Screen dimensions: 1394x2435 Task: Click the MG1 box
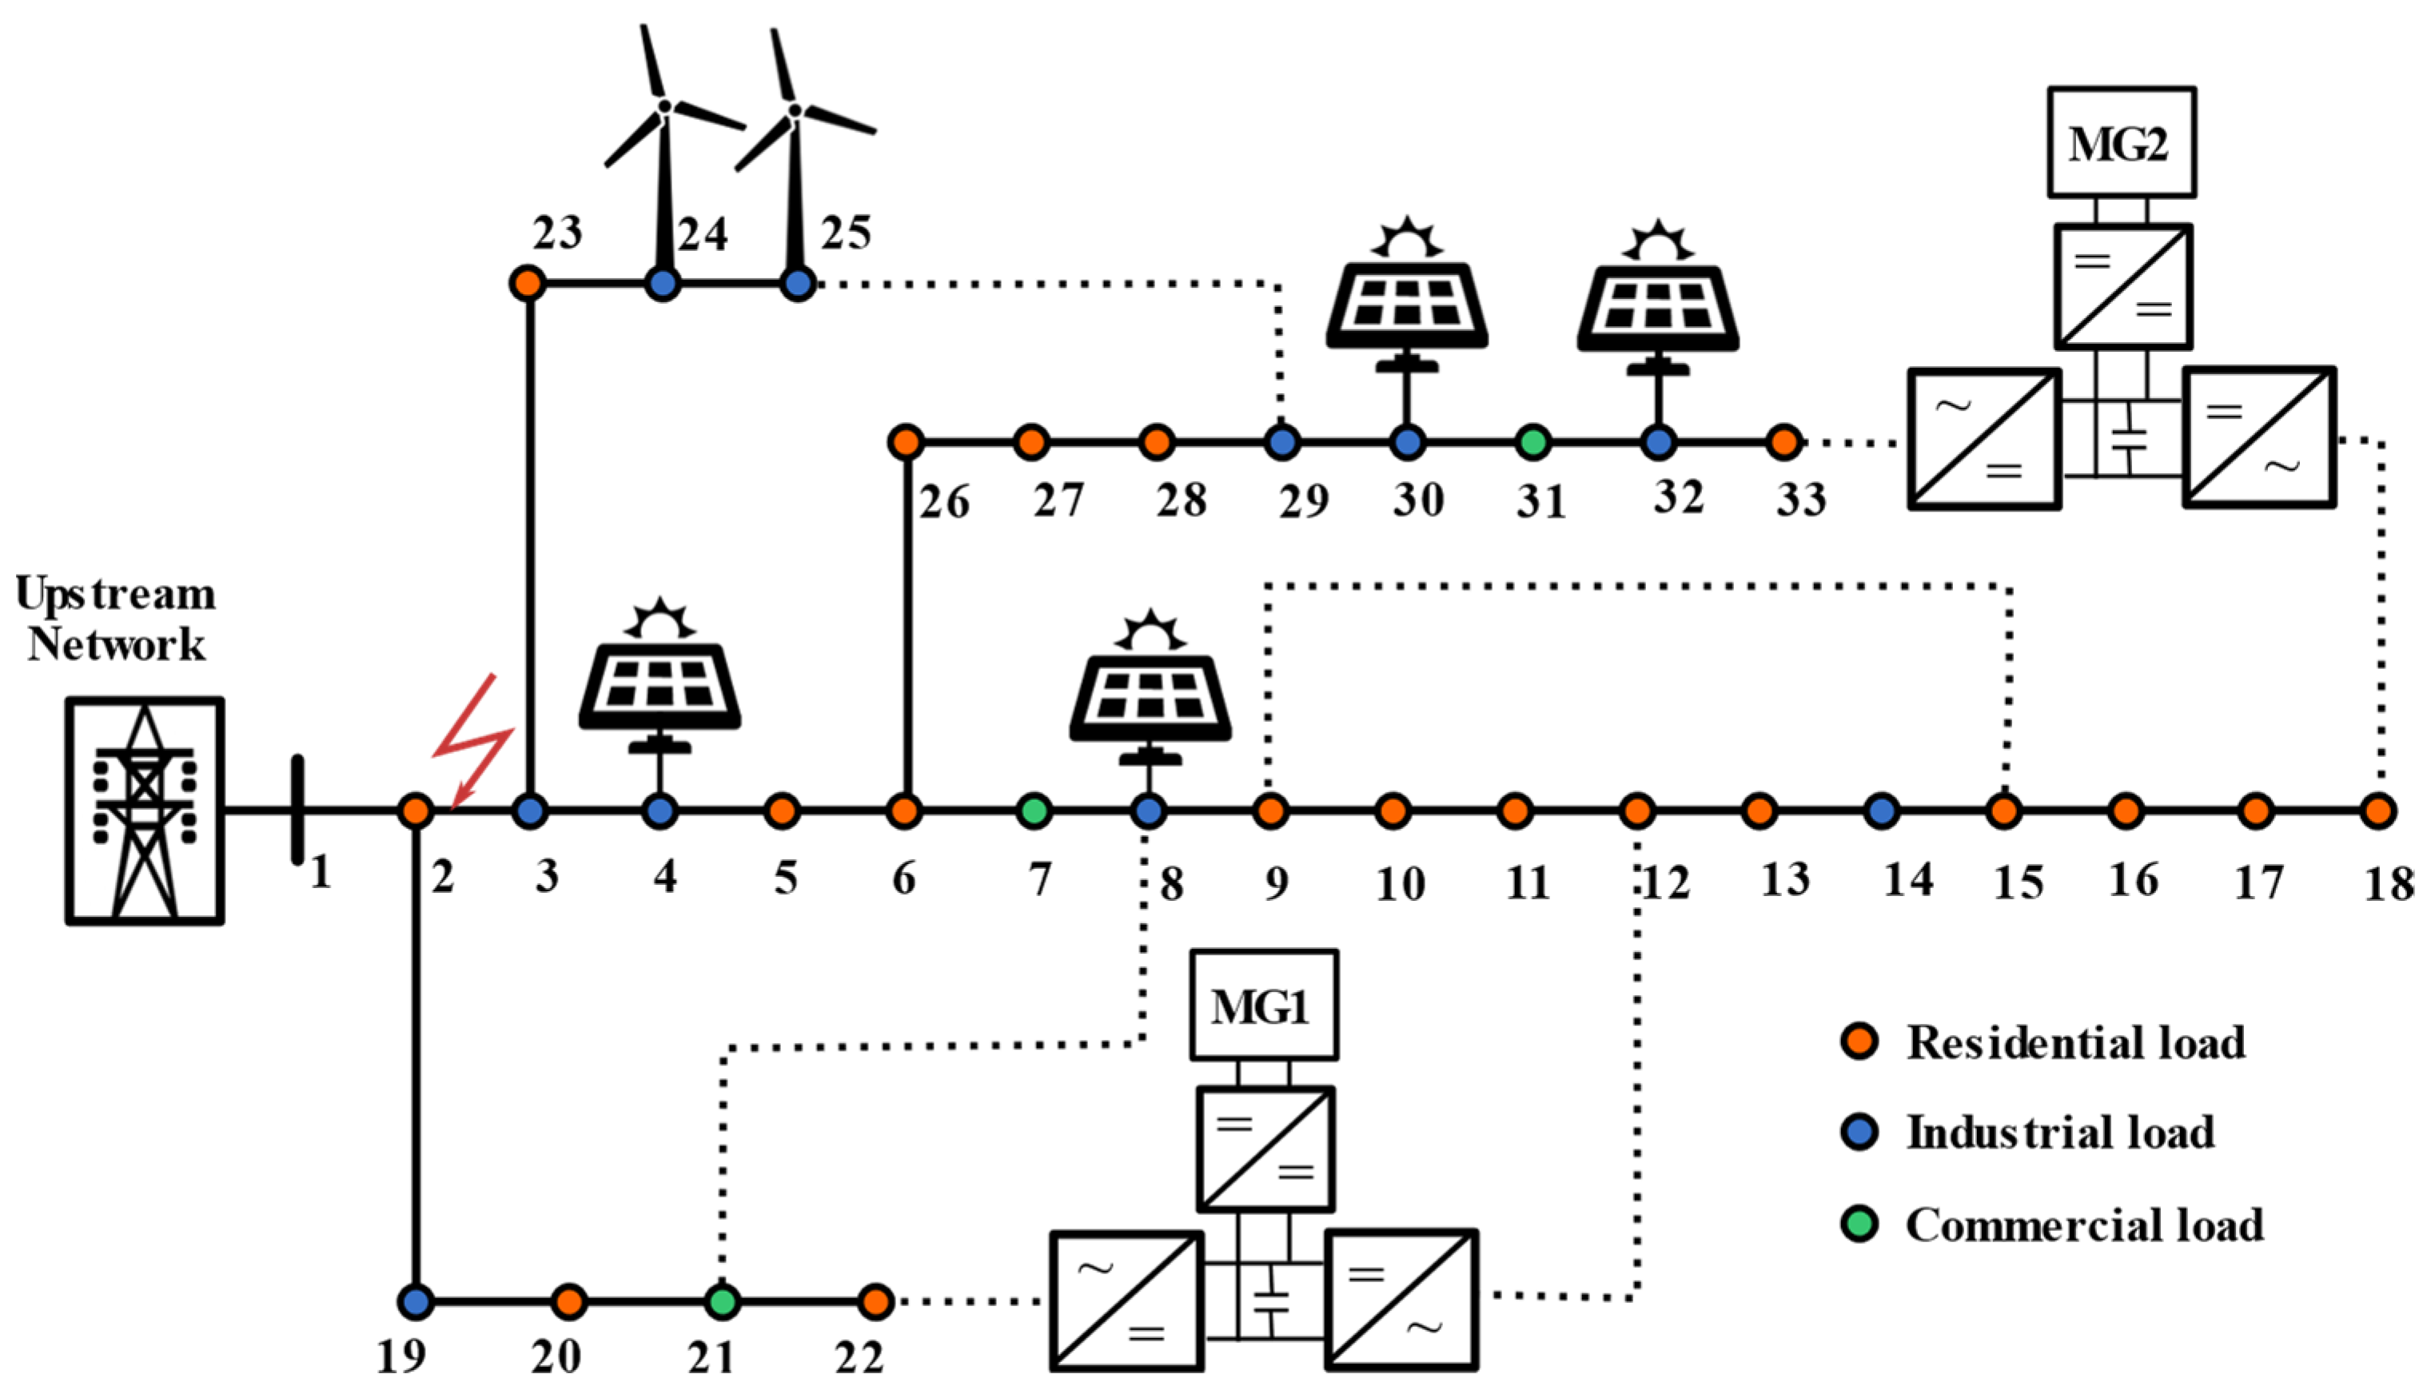point(1263,1006)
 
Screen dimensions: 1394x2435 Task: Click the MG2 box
point(2121,142)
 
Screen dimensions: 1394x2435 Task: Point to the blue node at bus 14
point(1882,811)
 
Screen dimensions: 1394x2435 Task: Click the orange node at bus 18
point(2377,811)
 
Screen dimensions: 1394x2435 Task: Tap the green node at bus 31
point(1534,442)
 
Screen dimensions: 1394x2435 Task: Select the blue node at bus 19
point(416,1301)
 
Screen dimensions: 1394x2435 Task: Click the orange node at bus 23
point(528,284)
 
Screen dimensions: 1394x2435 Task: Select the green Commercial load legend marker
point(1859,1225)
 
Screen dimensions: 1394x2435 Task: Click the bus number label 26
point(944,502)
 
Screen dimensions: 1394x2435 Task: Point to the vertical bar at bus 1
point(298,810)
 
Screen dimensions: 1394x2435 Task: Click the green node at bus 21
point(723,1301)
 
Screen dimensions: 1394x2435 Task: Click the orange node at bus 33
point(1783,442)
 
